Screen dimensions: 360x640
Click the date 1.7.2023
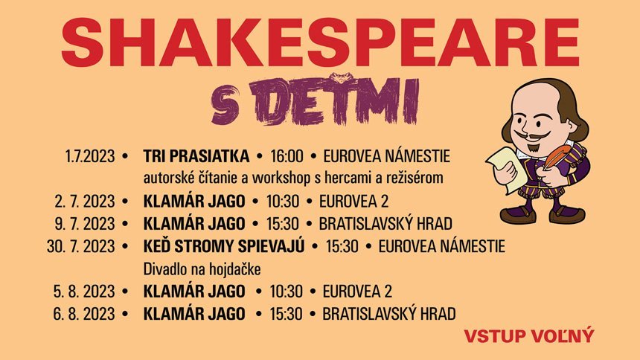(90, 157)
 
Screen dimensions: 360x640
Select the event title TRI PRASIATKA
(196, 157)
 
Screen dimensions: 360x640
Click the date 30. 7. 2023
(80, 246)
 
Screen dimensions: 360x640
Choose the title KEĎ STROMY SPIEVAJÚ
(224, 246)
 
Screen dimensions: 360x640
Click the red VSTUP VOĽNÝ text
(529, 335)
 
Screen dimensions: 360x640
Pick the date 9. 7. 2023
(85, 224)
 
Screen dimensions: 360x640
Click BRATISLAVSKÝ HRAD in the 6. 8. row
(389, 313)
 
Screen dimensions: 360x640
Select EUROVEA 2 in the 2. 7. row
(353, 202)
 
